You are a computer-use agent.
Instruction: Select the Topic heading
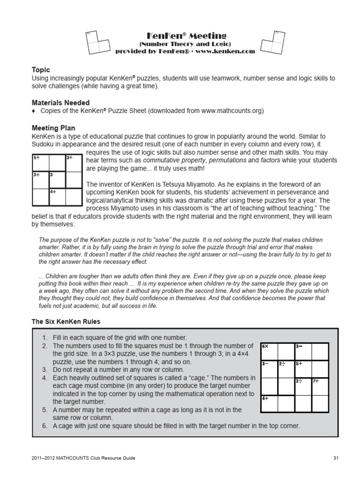tap(41, 70)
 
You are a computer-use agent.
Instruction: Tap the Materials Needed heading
tap(60, 102)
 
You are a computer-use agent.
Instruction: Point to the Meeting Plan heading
tap(53, 127)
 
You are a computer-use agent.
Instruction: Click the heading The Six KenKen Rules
tap(66, 322)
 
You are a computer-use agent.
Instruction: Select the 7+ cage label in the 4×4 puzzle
tap(315, 381)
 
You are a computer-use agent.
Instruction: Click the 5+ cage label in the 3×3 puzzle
tap(37, 157)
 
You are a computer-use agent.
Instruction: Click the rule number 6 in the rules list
tap(44, 426)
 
